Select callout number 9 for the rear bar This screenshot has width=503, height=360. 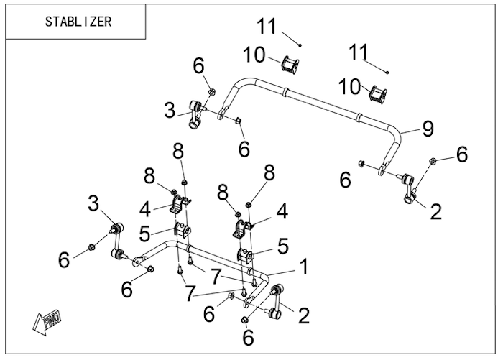tap(428, 129)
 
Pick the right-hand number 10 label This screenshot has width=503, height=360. tap(350, 87)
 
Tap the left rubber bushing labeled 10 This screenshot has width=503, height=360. tap(291, 64)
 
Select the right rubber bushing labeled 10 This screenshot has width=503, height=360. tap(379, 94)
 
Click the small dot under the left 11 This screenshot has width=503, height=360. tap(300, 45)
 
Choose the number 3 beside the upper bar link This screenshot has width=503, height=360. tap(169, 111)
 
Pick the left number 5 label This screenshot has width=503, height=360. tap(146, 234)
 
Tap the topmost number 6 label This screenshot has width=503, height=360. tap(198, 66)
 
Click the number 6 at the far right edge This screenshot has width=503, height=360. tap(462, 154)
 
